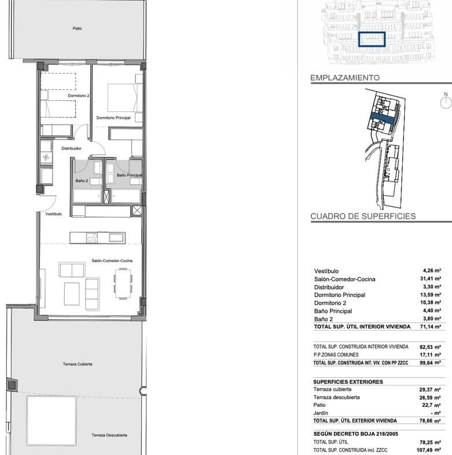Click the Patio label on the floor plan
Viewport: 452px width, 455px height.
(77, 28)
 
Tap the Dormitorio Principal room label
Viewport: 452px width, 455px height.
(113, 118)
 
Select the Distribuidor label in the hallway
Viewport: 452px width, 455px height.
(71, 148)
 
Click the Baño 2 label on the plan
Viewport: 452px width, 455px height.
(82, 180)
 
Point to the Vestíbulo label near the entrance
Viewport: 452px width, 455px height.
(54, 214)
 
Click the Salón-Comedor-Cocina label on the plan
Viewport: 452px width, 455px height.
(112, 261)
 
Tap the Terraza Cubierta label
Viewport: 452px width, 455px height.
(78, 364)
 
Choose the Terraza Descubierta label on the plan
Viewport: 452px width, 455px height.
(109, 435)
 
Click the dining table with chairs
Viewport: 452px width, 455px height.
(123, 283)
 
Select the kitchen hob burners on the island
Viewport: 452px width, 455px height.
(92, 238)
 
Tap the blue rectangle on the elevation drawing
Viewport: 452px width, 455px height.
(372, 39)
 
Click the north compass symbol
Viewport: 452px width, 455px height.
(446, 101)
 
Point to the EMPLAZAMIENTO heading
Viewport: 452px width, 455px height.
(345, 78)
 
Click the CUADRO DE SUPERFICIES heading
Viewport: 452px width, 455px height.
(363, 216)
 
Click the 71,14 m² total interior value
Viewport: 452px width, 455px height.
(431, 326)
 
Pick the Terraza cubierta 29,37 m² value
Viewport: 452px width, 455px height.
(430, 390)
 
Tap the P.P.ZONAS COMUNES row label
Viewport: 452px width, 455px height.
(336, 355)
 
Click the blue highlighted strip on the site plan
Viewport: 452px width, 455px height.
(383, 118)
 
